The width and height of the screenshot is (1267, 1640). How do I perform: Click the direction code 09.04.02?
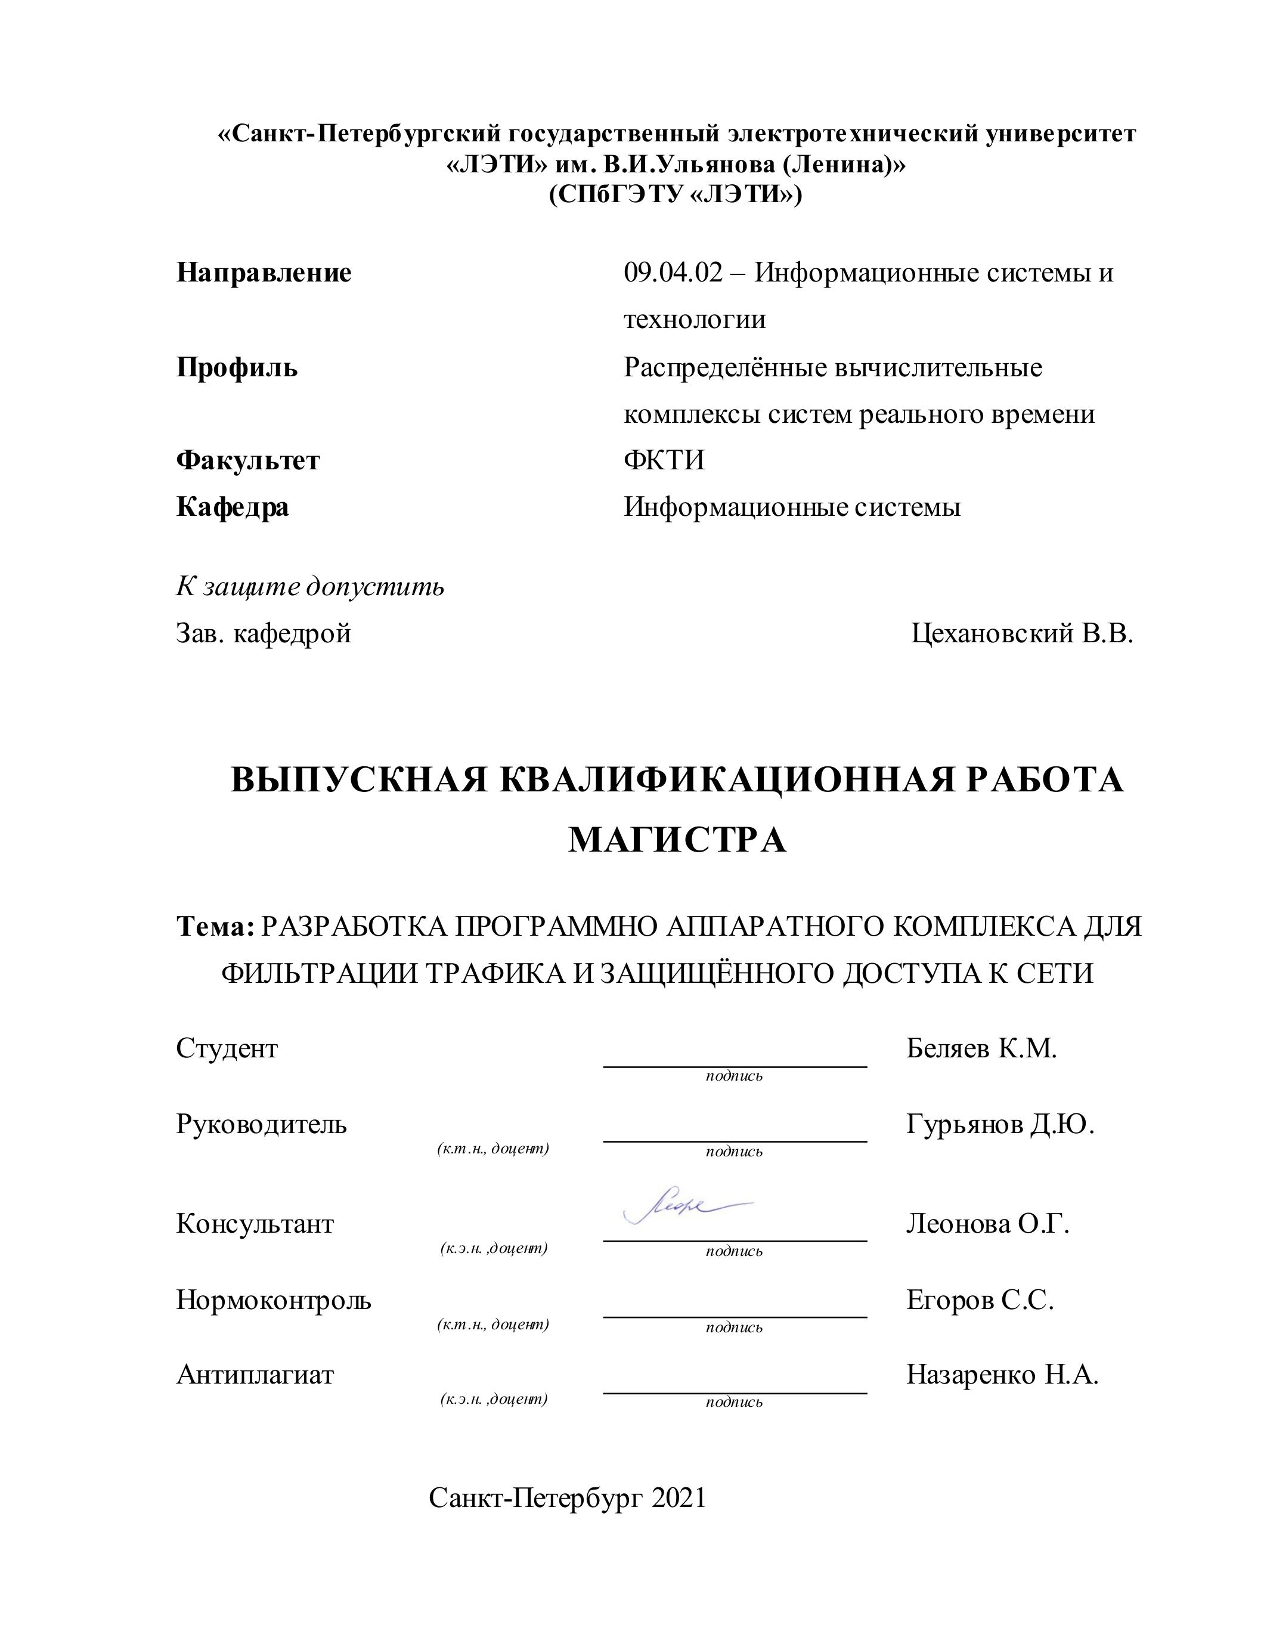point(673,273)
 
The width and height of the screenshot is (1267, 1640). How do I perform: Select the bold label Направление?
point(264,273)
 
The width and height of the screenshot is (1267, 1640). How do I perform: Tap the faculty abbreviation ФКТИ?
point(664,460)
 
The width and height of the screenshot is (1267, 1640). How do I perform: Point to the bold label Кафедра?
point(233,508)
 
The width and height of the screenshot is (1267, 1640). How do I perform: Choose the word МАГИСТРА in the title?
point(677,840)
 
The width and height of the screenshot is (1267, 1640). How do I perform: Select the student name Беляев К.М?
point(981,1048)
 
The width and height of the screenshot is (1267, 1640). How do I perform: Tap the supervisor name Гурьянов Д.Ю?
point(1000,1124)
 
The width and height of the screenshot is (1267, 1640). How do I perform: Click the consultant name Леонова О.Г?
point(987,1224)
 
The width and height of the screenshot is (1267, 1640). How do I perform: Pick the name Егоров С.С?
point(980,1300)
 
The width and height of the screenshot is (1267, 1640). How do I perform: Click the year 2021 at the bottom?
point(679,1498)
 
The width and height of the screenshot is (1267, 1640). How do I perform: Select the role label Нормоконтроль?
point(273,1300)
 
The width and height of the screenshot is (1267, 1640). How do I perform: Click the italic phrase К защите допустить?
point(310,586)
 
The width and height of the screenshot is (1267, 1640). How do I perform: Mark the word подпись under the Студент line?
point(733,1076)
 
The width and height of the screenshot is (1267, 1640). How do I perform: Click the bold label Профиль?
point(237,368)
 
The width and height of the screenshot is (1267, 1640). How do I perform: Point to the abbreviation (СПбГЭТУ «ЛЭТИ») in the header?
point(676,195)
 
